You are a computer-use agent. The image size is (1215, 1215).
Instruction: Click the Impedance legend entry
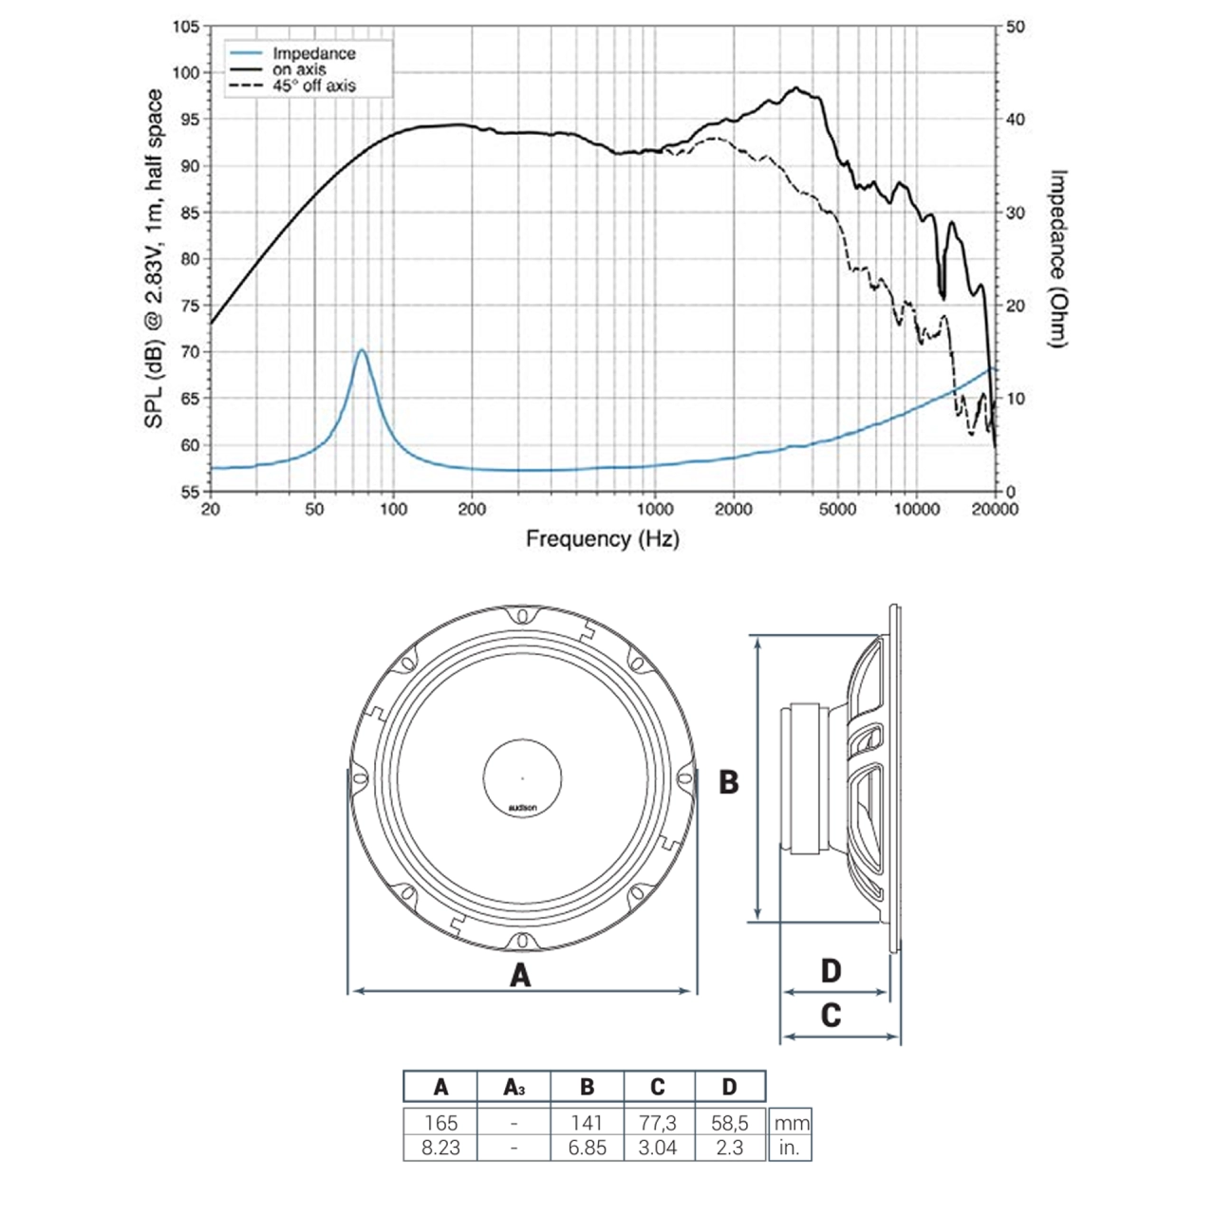point(313,54)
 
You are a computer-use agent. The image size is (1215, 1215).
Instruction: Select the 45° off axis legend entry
point(314,85)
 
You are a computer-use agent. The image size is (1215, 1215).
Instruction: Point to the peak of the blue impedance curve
point(362,351)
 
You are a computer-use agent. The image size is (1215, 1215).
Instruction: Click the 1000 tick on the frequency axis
point(655,510)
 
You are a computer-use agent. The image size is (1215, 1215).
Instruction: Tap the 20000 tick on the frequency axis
point(994,510)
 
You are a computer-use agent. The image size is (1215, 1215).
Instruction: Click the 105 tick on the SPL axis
point(186,27)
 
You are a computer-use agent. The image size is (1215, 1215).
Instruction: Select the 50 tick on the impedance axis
point(1016,27)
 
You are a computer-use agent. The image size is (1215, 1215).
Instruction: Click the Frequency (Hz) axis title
point(603,539)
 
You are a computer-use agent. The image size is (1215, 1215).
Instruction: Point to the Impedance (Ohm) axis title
point(1058,258)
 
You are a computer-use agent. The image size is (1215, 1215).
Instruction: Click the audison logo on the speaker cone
point(522,808)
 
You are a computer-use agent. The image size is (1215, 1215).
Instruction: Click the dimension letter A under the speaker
point(520,975)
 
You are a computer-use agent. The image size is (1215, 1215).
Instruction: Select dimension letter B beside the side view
point(728,782)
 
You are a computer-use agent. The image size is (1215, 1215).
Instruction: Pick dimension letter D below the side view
point(831,971)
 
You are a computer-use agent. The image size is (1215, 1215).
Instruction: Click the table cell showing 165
point(440,1123)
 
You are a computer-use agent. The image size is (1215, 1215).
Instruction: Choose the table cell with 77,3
point(658,1123)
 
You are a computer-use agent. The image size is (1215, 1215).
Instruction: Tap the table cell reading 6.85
point(587,1148)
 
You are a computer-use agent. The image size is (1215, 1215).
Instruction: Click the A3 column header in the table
point(514,1088)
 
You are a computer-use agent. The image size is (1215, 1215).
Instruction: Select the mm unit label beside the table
point(792,1123)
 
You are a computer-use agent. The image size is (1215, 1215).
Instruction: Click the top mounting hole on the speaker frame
point(522,616)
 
